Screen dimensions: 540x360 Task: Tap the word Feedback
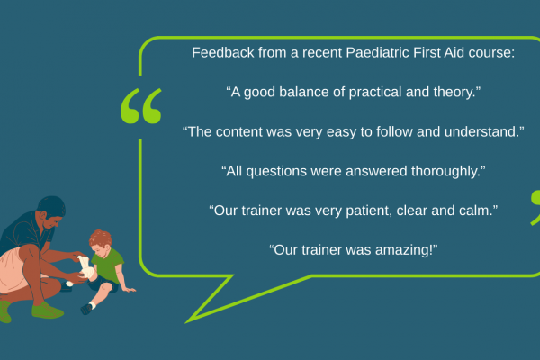point(223,53)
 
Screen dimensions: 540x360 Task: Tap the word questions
point(276,172)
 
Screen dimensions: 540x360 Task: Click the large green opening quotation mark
point(141,106)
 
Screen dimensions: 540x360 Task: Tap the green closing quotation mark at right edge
point(535,207)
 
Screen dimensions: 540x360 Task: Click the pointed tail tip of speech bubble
point(186,323)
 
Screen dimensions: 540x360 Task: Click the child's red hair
point(100,238)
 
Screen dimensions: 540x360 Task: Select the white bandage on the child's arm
point(85,267)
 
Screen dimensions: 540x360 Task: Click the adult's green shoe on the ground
point(47,310)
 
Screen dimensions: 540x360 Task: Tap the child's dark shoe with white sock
point(87,308)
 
